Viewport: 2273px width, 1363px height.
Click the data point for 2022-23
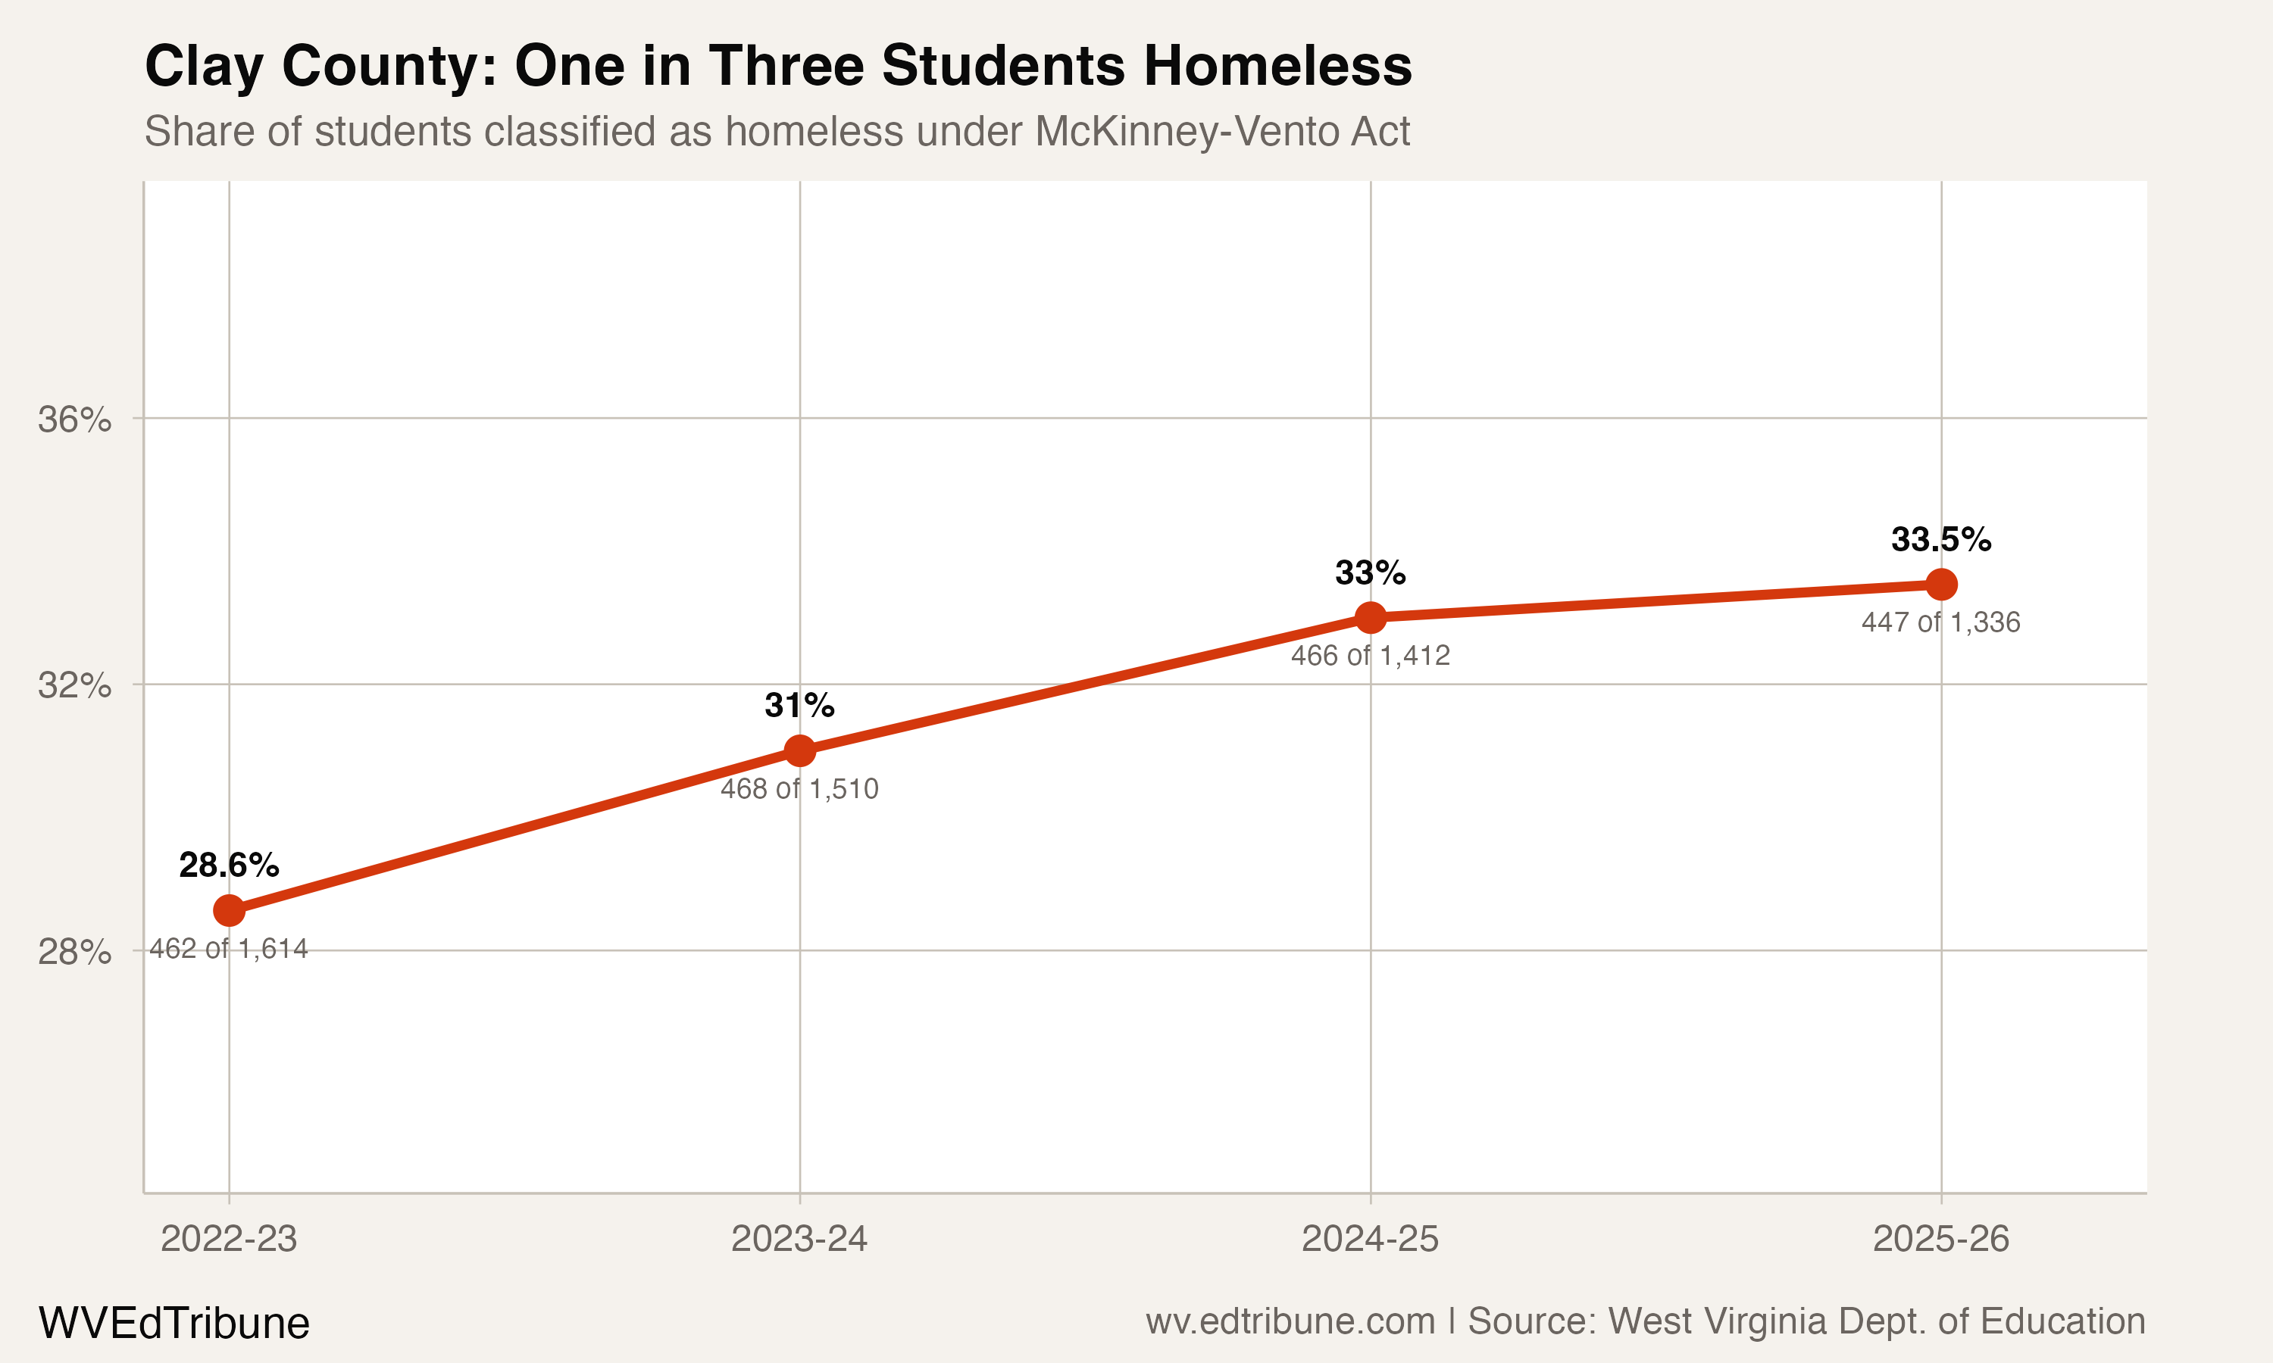[x=229, y=911]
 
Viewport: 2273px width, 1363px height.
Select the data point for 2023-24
[x=799, y=751]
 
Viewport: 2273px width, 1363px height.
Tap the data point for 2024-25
[x=1370, y=618]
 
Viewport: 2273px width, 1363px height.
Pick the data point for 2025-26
[x=1940, y=584]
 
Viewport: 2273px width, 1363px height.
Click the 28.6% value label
[x=229, y=866]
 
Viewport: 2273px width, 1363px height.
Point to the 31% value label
[x=799, y=706]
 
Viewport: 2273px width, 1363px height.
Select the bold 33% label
[x=1370, y=573]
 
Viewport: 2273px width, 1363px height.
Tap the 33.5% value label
[x=1940, y=539]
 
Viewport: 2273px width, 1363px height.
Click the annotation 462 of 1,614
[x=229, y=949]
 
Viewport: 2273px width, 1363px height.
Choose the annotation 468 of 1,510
[x=799, y=789]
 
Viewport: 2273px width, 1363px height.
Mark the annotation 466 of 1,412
[x=1370, y=656]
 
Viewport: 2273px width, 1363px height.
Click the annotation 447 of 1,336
[x=1940, y=622]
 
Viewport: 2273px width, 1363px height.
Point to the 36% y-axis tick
[x=74, y=420]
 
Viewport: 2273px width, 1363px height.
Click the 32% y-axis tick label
[x=74, y=685]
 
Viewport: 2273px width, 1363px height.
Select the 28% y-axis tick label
[x=74, y=952]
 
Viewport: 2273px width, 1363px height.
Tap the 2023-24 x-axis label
[x=799, y=1239]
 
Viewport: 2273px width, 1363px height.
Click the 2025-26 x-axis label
[x=1940, y=1239]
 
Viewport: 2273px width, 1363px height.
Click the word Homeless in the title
[x=1277, y=66]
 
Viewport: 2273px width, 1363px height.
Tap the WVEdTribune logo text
[x=174, y=1324]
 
